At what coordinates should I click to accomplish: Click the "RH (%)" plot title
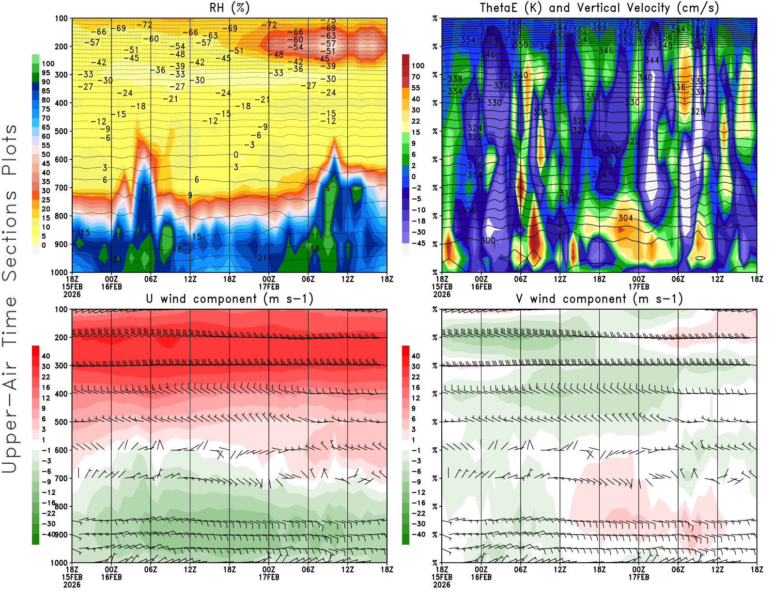tap(230, 8)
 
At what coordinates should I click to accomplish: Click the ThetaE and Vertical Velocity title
tap(599, 8)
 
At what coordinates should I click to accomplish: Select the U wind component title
tap(230, 299)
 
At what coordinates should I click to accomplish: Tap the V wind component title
tap(599, 299)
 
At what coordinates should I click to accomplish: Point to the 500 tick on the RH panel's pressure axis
tap(62, 131)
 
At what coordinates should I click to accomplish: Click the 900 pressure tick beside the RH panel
tap(62, 244)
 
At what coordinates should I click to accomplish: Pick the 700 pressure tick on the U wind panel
tap(62, 478)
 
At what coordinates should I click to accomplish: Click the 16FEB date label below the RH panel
tap(111, 287)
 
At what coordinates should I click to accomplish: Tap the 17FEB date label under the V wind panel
tap(639, 577)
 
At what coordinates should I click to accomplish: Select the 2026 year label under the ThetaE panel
tap(442, 294)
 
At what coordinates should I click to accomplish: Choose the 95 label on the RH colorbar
tap(46, 73)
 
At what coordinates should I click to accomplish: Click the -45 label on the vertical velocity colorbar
tap(418, 243)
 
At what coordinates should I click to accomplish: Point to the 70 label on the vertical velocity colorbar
tap(416, 77)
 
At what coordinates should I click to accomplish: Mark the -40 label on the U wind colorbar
tap(48, 534)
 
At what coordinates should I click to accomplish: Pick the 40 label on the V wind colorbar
tap(416, 356)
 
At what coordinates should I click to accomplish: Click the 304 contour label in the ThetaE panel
tap(625, 218)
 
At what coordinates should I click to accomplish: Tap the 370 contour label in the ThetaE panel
tap(698, 23)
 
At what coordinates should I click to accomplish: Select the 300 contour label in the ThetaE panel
tap(488, 240)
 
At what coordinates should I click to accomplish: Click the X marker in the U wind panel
tap(220, 454)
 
